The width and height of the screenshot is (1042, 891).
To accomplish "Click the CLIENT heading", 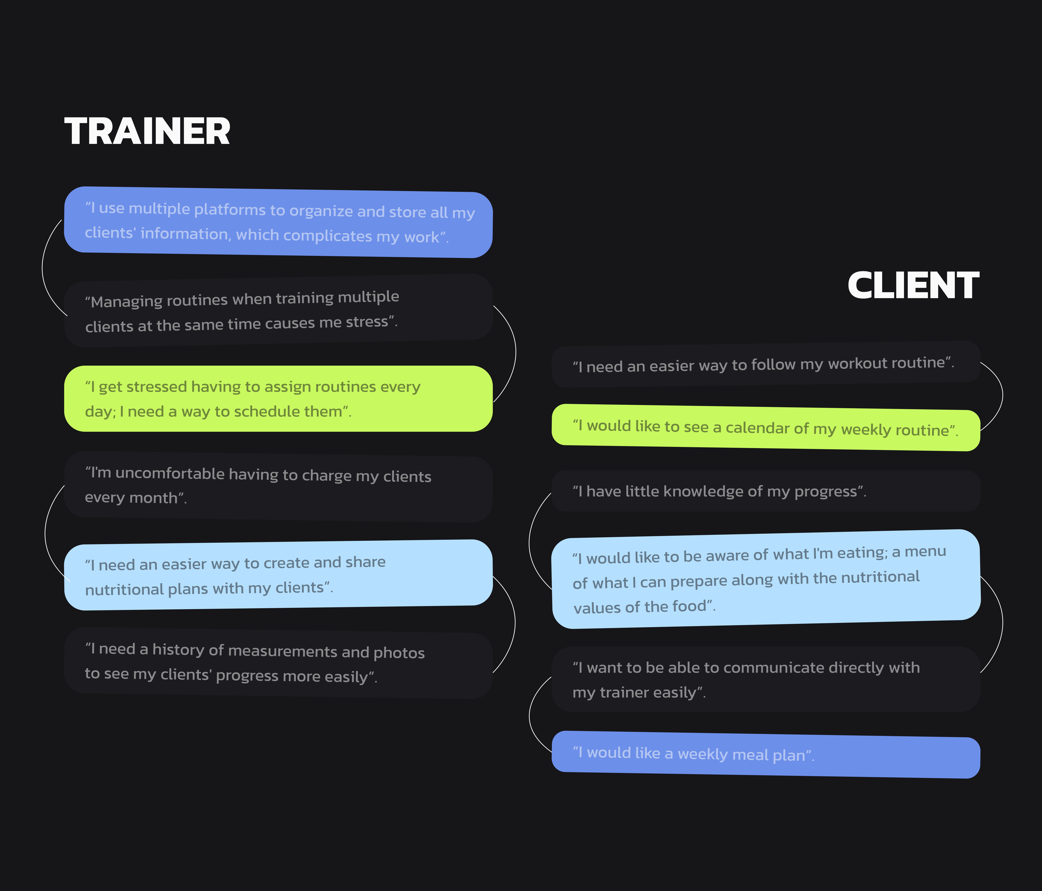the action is point(913,285).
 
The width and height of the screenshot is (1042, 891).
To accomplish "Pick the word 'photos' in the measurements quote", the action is point(399,653).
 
